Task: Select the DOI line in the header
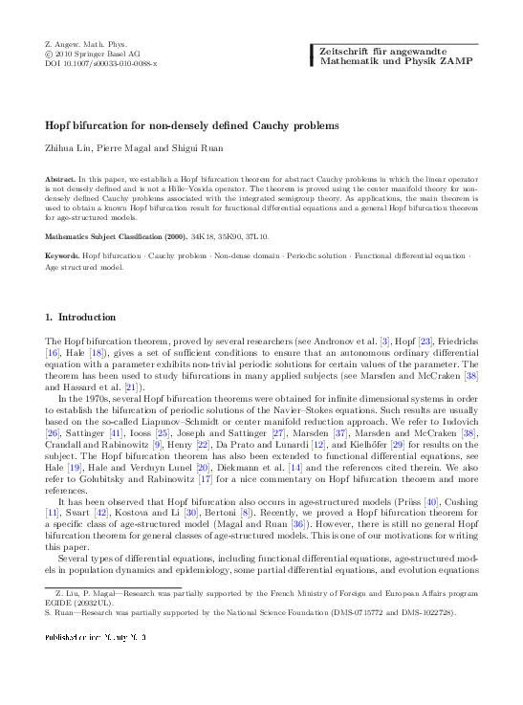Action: (101, 63)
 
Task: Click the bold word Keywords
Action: (63, 256)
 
